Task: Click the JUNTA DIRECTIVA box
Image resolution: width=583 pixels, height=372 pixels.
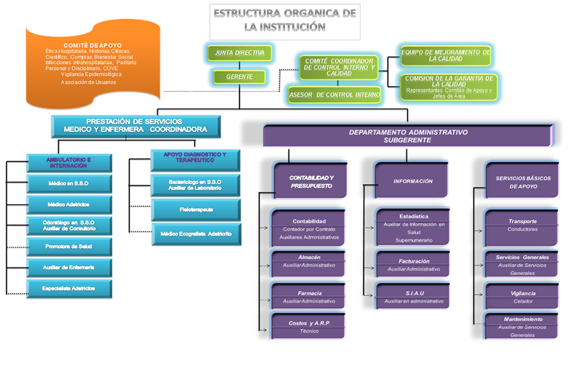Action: [x=239, y=53]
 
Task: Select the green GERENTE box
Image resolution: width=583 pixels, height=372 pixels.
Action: [x=239, y=76]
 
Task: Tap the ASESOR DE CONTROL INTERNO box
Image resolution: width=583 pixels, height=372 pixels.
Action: [x=334, y=94]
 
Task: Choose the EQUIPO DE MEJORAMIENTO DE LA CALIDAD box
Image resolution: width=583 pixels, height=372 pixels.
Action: [x=445, y=55]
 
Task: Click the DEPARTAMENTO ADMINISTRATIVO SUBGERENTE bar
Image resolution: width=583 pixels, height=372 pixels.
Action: [x=407, y=135]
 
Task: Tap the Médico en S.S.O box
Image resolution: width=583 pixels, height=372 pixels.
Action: [x=69, y=183]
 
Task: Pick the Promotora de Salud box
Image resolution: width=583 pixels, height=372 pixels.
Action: [x=69, y=247]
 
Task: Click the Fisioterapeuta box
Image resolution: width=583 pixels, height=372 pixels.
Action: [x=195, y=209]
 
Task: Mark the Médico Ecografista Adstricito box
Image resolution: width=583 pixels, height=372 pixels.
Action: [x=195, y=234]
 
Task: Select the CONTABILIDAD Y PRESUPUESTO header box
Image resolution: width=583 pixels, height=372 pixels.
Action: [x=311, y=182]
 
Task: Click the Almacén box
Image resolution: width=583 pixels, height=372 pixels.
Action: [x=309, y=261]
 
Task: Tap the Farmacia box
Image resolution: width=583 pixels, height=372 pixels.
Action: [x=309, y=296]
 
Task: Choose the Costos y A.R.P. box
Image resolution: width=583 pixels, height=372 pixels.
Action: [x=309, y=326]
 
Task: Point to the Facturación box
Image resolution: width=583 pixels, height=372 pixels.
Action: [x=414, y=265]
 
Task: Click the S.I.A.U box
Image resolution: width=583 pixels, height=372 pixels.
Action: [x=414, y=296]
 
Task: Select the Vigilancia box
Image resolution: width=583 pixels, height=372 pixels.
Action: [x=523, y=296]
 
